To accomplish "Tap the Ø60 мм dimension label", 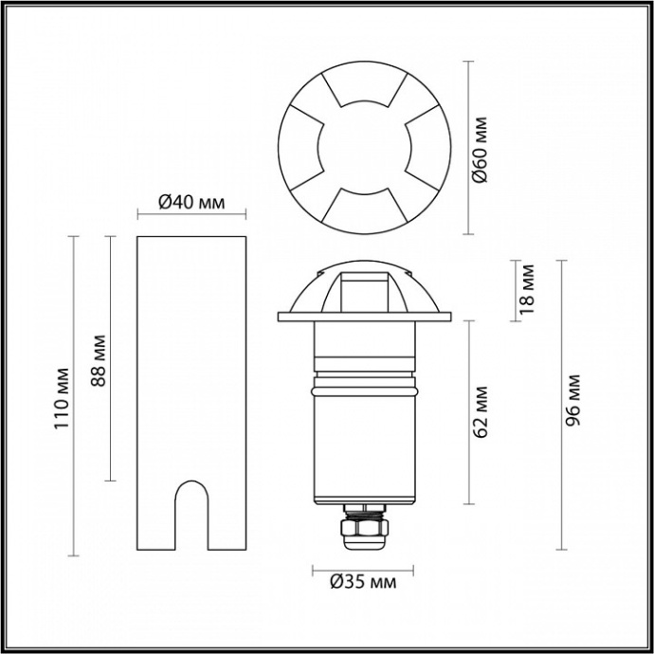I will [481, 148].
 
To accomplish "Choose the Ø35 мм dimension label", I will [356, 582].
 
